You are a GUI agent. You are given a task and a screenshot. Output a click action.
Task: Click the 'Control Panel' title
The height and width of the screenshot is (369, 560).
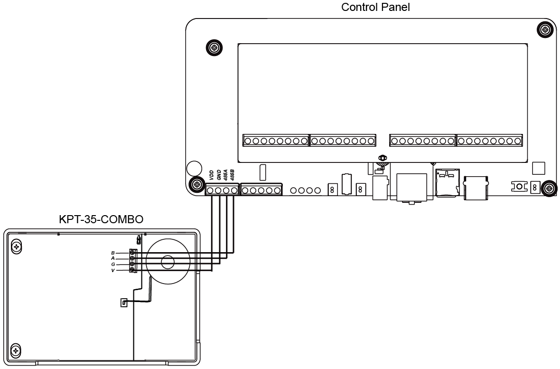click(375, 7)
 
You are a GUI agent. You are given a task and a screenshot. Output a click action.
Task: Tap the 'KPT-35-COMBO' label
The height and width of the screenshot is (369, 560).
click(101, 219)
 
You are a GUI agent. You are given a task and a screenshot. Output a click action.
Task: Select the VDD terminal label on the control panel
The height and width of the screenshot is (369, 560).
click(212, 175)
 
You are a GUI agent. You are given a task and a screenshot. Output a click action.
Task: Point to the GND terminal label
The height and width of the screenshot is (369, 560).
click(219, 175)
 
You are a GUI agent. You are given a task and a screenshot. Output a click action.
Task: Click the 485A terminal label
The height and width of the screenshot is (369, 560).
click(225, 175)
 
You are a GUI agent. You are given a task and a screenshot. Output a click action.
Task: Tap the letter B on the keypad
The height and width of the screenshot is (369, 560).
click(113, 253)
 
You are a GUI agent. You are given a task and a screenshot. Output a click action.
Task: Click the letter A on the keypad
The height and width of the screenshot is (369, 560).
click(113, 258)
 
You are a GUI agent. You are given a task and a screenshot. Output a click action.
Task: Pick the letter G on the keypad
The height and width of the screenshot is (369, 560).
click(113, 264)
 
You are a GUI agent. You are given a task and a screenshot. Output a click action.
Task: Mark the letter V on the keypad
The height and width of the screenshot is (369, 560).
click(113, 270)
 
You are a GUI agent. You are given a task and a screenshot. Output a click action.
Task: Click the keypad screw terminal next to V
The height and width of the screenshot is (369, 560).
click(132, 270)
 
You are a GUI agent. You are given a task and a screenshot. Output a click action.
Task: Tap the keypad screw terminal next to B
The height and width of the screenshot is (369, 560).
click(132, 253)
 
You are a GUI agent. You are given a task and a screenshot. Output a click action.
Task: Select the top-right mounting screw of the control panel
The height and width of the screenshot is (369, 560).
click(545, 29)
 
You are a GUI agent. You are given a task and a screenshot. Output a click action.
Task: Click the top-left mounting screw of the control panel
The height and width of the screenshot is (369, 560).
click(215, 47)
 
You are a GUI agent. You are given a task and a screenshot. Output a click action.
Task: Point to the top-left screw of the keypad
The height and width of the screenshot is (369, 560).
click(16, 247)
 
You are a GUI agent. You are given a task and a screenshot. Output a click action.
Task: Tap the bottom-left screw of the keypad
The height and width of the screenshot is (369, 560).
click(16, 350)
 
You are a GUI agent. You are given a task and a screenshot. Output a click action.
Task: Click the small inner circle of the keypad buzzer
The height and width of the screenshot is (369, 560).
click(168, 262)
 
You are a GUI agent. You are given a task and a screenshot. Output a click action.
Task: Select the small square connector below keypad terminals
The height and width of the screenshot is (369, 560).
click(124, 303)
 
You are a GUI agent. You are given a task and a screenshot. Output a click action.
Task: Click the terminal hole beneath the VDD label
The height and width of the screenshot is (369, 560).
click(210, 190)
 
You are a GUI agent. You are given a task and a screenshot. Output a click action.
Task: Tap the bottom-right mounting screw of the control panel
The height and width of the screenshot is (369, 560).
click(549, 188)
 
